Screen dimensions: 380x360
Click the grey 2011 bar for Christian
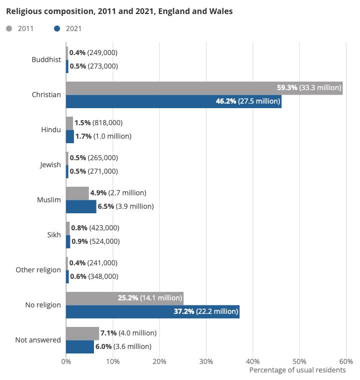(170, 88)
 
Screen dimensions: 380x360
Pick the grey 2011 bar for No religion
(90, 298)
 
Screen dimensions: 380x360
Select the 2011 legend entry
(20, 29)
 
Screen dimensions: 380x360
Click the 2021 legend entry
(67, 29)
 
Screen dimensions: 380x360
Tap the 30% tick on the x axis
(206, 361)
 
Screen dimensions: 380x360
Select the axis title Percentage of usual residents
(297, 370)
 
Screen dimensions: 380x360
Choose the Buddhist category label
(46, 60)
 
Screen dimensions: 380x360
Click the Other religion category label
(38, 270)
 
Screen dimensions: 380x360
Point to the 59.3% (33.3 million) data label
(308, 88)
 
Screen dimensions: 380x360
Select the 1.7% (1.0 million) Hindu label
(103, 136)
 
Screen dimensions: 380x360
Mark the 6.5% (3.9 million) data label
(125, 206)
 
